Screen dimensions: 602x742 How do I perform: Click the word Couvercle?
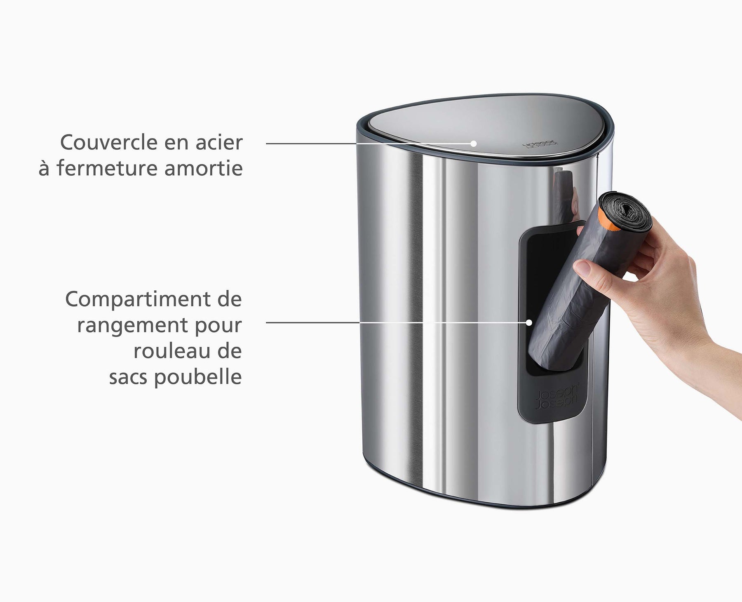coord(108,143)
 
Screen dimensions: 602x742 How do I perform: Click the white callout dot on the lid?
coord(474,143)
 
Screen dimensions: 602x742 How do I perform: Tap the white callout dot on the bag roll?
coord(529,322)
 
